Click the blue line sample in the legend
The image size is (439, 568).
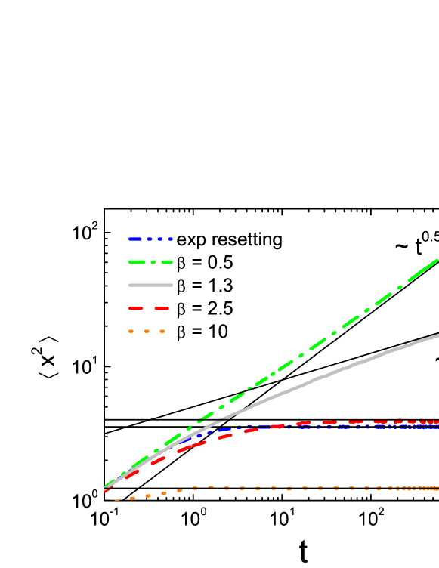[x=150, y=239]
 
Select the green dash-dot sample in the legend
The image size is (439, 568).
[x=150, y=262]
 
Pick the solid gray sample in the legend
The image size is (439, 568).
[x=150, y=285]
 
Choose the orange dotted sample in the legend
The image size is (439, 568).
[x=147, y=331]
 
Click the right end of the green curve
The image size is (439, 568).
[x=437, y=261]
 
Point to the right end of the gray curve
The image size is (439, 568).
[x=437, y=335]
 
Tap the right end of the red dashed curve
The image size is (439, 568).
[x=436, y=421]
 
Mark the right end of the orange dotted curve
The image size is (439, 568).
[x=436, y=488]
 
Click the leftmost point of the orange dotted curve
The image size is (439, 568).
[x=116, y=500]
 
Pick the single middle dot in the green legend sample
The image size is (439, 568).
[x=153, y=262]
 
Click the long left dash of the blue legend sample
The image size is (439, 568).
[x=135, y=239]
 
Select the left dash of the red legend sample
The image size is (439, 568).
[x=135, y=308]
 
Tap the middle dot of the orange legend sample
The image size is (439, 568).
[x=147, y=331]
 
